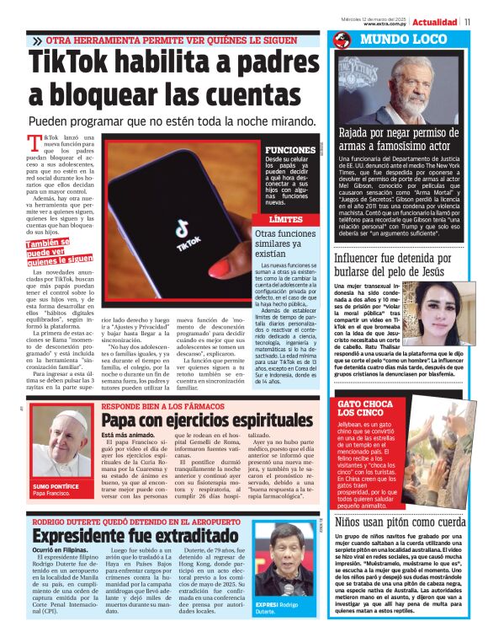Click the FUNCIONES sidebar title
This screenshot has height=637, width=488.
[x=289, y=150]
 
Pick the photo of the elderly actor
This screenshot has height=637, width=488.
[x=407, y=88]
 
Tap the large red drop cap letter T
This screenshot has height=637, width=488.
[x=34, y=143]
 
